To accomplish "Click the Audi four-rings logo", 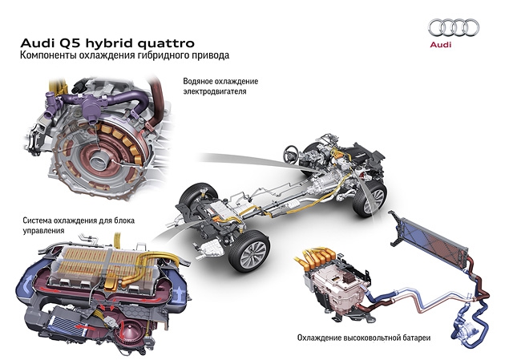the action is (454, 27).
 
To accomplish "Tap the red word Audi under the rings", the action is (441, 44).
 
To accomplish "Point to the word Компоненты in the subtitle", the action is (48, 55).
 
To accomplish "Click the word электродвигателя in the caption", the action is (215, 91).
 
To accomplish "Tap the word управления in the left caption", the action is (43, 231).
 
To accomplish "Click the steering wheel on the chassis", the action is (291, 154).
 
